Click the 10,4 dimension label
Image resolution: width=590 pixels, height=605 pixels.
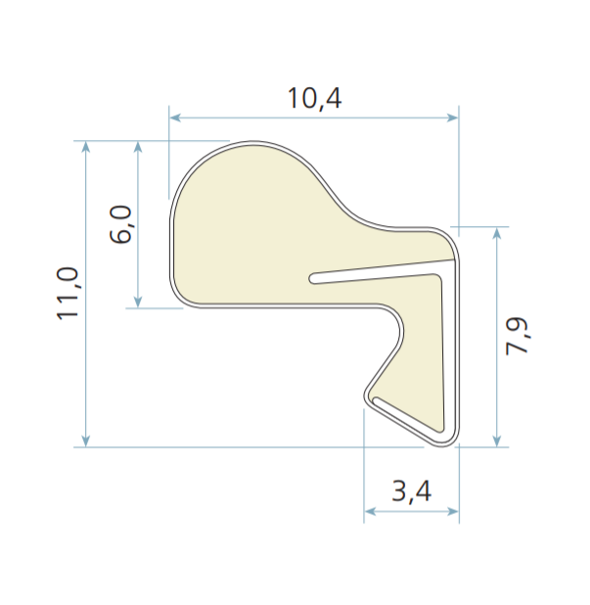(314, 99)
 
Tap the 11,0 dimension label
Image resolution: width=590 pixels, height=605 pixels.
(68, 294)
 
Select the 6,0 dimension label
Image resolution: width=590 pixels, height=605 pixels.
(120, 224)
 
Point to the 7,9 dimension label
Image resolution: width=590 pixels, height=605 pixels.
(518, 336)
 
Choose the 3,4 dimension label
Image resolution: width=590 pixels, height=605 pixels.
(412, 492)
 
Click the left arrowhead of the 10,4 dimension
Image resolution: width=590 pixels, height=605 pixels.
(175, 117)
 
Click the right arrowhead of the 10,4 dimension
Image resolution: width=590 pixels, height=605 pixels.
(452, 117)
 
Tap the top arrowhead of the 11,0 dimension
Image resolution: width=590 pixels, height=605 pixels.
(86, 147)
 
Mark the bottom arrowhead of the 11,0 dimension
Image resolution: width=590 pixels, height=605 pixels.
(86, 441)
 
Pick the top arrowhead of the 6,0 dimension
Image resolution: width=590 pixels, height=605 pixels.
(138, 147)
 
